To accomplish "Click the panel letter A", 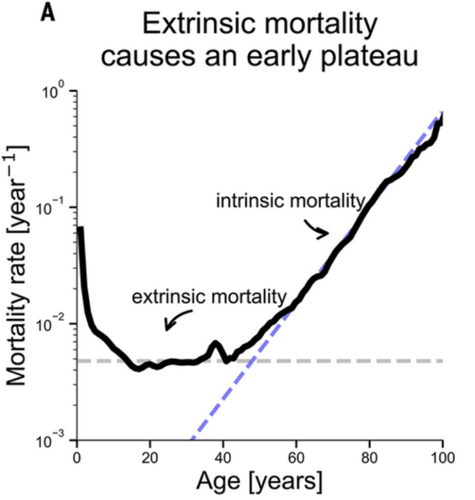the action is (47, 13).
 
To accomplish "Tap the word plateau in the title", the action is (369, 58).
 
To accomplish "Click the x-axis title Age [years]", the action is (259, 481).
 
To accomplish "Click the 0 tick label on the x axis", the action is (77, 458).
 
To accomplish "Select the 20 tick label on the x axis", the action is (150, 458).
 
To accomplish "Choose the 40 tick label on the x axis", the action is (223, 458).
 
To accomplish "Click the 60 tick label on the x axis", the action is (296, 458).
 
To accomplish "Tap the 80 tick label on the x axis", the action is (369, 458).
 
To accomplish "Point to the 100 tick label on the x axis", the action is (443, 458).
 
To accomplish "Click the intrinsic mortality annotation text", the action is (290, 201).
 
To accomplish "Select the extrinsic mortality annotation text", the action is (209, 297).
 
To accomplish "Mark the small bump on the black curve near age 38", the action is (216, 344).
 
